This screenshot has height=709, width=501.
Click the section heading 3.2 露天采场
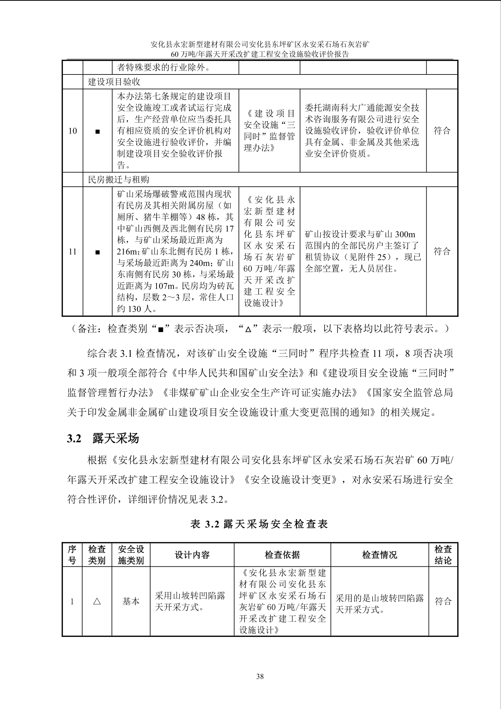click(x=103, y=438)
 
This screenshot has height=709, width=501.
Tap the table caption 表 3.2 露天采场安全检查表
click(x=259, y=524)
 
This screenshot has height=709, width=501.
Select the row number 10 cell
click(x=73, y=131)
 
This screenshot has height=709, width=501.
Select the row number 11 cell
click(x=73, y=251)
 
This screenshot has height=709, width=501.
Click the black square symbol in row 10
click(x=98, y=131)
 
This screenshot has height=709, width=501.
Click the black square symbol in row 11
click(x=98, y=252)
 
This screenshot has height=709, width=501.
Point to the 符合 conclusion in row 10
click(x=442, y=131)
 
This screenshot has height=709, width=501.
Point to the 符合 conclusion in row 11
click(x=442, y=251)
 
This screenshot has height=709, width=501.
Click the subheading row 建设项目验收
click(x=114, y=82)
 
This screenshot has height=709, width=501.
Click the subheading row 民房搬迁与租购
click(x=119, y=180)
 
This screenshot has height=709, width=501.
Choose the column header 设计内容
click(x=192, y=555)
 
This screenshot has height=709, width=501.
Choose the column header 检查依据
click(x=282, y=555)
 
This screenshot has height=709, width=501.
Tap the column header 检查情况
click(x=379, y=555)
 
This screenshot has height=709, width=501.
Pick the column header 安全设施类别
click(x=131, y=555)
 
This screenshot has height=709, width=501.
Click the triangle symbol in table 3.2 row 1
click(x=97, y=602)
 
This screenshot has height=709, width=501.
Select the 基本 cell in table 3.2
click(x=131, y=602)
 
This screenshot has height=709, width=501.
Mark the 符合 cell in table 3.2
click(x=443, y=602)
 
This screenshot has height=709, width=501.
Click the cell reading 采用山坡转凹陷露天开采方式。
click(x=190, y=602)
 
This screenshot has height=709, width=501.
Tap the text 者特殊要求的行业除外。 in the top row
click(x=164, y=68)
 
